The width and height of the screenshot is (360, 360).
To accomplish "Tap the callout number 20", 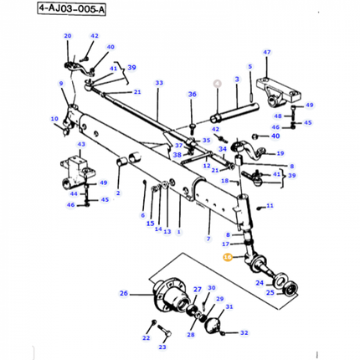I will [68, 36].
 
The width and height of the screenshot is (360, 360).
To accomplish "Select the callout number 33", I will [158, 83].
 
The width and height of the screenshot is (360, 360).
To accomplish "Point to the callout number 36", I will [192, 95].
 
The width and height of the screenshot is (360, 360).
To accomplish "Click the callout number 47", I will [267, 52].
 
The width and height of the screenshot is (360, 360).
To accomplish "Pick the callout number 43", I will [81, 144].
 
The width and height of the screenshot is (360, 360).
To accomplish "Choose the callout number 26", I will [124, 293].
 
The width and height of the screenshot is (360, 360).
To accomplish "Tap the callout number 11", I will [269, 205].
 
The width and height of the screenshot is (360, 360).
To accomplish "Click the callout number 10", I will [54, 119].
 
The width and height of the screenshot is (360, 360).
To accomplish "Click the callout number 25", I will [270, 294].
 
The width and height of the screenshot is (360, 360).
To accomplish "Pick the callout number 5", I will [249, 65].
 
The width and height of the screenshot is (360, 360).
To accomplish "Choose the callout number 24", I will [259, 283].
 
